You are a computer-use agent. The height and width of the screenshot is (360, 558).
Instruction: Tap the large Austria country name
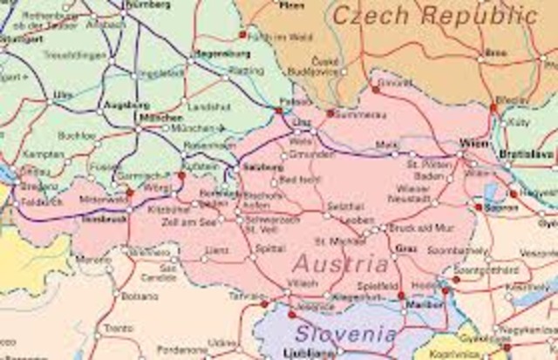(x=341, y=263)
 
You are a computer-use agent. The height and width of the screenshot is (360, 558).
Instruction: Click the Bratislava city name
(x=526, y=155)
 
